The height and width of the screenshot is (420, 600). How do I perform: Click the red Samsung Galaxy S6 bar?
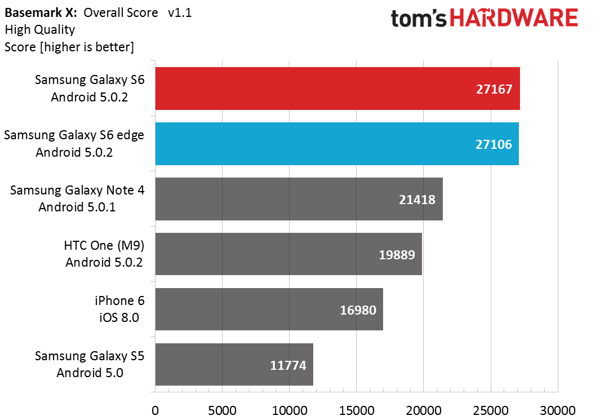pos(337,89)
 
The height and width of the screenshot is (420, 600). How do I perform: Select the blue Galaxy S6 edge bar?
pos(337,144)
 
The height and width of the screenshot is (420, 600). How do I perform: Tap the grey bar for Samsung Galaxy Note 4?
pos(299,198)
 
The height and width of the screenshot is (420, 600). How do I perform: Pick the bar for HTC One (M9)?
pos(288,254)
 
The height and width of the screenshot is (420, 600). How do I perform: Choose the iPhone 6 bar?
pos(269,309)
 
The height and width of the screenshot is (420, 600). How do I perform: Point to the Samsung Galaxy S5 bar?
pos(234,364)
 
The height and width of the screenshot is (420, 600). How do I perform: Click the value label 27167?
pos(494,89)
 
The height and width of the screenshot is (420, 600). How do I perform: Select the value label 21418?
pos(417,200)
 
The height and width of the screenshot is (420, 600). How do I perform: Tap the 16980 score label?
pos(358,310)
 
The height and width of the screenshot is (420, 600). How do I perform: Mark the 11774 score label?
pos(288,365)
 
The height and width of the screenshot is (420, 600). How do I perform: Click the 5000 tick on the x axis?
pos(223,410)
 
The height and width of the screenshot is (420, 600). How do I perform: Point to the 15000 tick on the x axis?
pos(357,410)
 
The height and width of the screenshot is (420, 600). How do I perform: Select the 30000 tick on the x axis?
pos(558,410)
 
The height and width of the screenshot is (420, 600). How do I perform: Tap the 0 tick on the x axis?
pos(155,410)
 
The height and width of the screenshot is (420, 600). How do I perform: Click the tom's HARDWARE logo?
pos(485,18)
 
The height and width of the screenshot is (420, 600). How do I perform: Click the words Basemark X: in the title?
pos(41,12)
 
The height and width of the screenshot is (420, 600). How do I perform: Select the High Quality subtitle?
pos(40,29)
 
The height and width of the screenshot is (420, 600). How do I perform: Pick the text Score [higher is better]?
pos(69,47)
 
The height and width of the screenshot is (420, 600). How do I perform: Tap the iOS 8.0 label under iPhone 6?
pos(119,317)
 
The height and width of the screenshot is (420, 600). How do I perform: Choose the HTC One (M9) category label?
pos(104,245)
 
